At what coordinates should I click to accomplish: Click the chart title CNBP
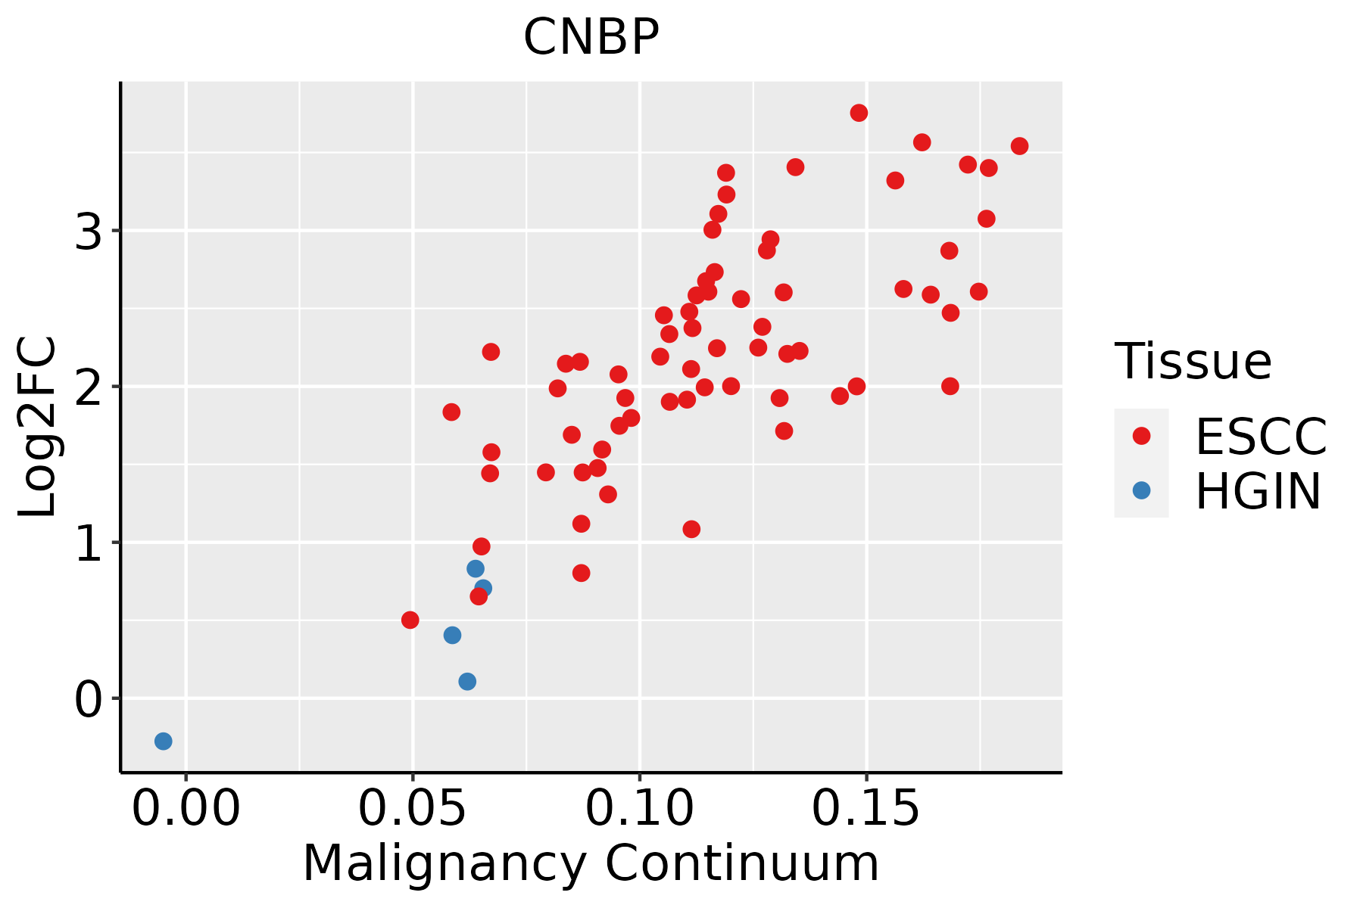591,37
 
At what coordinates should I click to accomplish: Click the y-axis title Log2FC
37,427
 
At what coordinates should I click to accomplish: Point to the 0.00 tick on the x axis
186,809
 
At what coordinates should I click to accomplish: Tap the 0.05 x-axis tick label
413,809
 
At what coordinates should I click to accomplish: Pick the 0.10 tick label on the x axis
640,809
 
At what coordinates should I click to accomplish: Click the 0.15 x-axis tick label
866,809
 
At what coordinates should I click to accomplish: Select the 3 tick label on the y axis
89,231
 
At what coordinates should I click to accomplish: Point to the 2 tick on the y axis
89,387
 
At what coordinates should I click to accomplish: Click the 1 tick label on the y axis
89,543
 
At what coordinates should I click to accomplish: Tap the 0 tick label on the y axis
89,698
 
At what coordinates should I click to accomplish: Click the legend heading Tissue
1193,362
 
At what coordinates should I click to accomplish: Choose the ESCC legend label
1261,437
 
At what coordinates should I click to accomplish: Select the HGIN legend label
1259,491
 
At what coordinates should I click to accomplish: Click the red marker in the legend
1141,436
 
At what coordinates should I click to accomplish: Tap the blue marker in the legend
1141,490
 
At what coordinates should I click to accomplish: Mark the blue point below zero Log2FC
164,742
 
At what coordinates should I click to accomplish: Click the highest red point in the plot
859,113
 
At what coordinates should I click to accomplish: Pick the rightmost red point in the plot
1019,146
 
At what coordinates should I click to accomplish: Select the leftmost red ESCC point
410,620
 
